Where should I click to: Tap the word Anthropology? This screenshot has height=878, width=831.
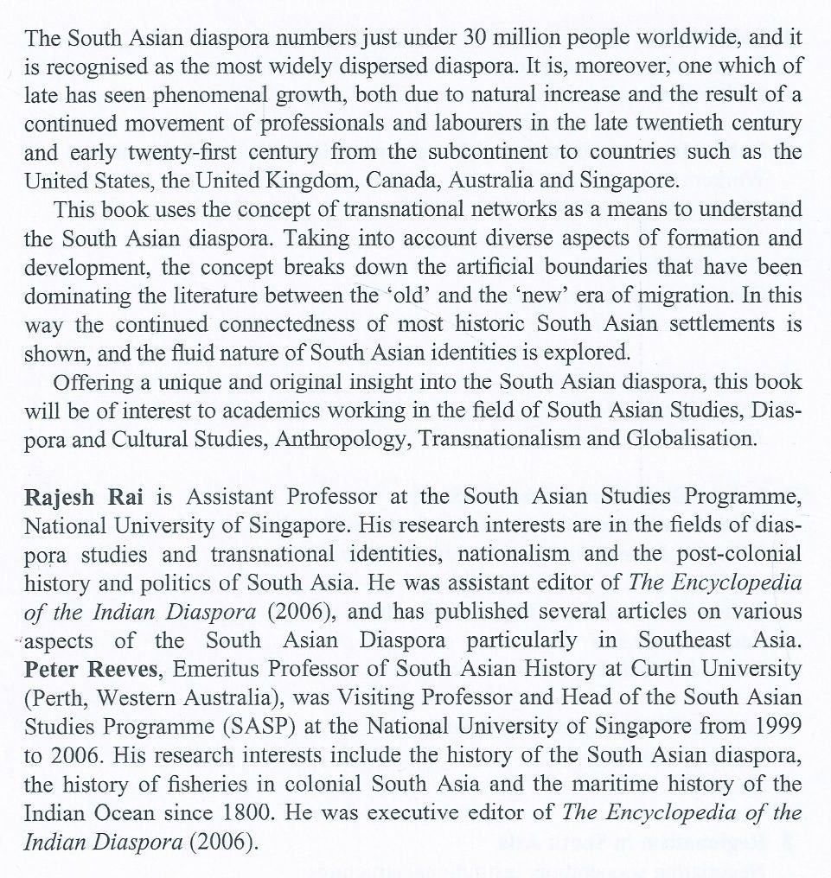tap(345, 438)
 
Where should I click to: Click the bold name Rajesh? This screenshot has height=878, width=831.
tap(57, 497)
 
